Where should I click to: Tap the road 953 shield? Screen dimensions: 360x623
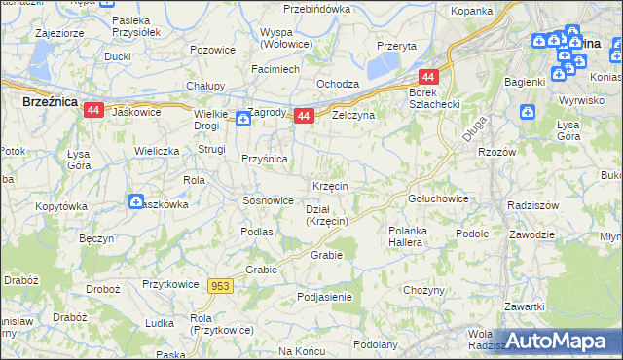click(x=220, y=285)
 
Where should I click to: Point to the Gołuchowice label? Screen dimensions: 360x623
click(x=437, y=198)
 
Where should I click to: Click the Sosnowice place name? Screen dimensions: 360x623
click(x=268, y=200)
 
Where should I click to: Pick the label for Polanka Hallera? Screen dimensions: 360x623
click(x=405, y=236)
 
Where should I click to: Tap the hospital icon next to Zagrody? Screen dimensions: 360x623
click(x=242, y=118)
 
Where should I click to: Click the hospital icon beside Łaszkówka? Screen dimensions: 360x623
click(x=136, y=201)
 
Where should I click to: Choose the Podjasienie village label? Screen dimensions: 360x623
click(x=324, y=297)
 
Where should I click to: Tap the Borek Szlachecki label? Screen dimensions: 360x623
click(x=428, y=98)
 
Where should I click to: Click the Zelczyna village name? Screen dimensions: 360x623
click(x=352, y=114)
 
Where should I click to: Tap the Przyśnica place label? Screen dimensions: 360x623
click(x=263, y=160)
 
